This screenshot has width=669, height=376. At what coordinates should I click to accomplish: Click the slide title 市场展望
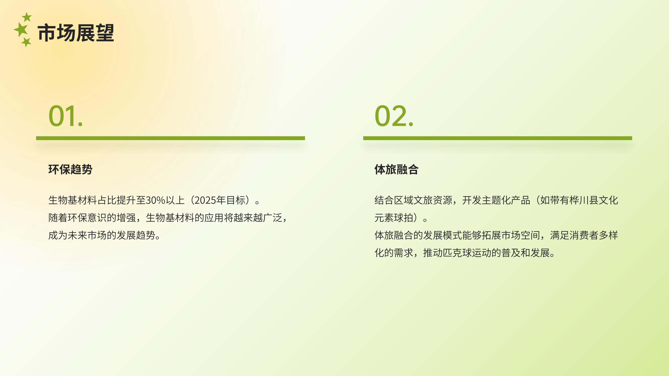click(76, 33)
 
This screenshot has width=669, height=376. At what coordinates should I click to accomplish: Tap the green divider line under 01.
click(170, 138)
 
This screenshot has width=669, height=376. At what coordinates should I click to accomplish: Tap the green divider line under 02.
click(498, 138)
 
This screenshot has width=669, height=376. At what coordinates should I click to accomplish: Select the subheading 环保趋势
click(70, 169)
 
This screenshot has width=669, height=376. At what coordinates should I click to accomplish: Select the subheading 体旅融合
click(396, 169)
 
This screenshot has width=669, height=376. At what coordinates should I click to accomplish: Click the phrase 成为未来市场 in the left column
click(77, 235)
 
